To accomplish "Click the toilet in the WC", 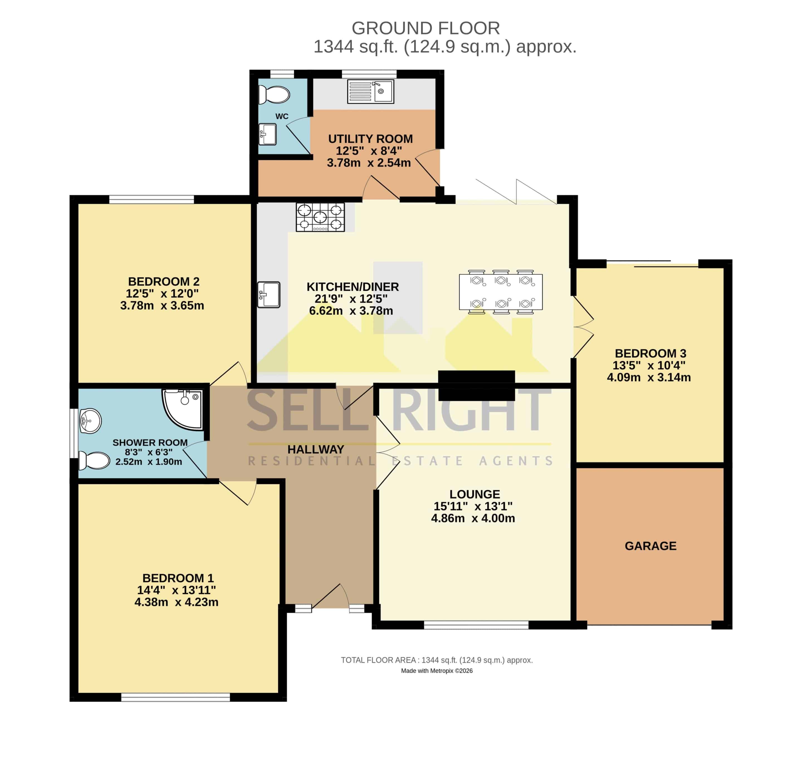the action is click(274, 94).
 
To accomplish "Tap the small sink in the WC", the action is click(268, 134).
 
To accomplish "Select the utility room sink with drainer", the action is click(371, 91).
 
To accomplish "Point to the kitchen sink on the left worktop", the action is click(269, 295).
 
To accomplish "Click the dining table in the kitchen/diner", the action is click(501, 292).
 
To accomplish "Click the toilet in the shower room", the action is click(94, 461).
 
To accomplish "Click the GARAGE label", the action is click(651, 546).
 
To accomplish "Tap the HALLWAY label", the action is click(316, 449).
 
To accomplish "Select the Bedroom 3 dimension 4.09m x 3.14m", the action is click(649, 377).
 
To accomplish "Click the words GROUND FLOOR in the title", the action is click(426, 28).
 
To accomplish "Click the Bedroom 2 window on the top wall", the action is click(151, 200).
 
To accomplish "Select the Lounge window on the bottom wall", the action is click(476, 625).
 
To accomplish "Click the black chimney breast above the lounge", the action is click(476, 385).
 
